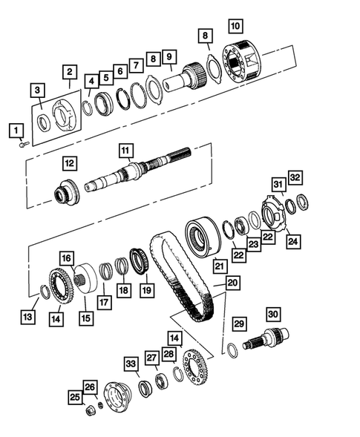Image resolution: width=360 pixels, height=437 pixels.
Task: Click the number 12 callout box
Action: pos(69,162)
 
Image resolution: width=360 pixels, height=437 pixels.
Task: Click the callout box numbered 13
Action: pos(28,318)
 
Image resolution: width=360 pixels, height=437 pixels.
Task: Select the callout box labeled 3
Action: pos(37,90)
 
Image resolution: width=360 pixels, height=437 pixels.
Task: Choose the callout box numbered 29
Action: pos(238,323)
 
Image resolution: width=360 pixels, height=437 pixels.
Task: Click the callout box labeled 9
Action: pos(169,56)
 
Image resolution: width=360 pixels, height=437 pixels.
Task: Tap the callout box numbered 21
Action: pos(219,265)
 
